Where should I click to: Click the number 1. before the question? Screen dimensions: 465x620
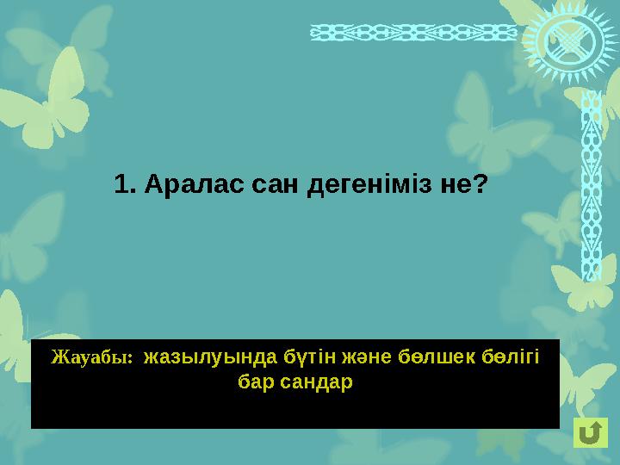pyautogui.click(x=126, y=185)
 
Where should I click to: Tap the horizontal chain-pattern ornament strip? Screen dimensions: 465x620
pyautogui.click(x=413, y=32)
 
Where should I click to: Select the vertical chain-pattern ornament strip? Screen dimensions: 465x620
pyautogui.click(x=591, y=185)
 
